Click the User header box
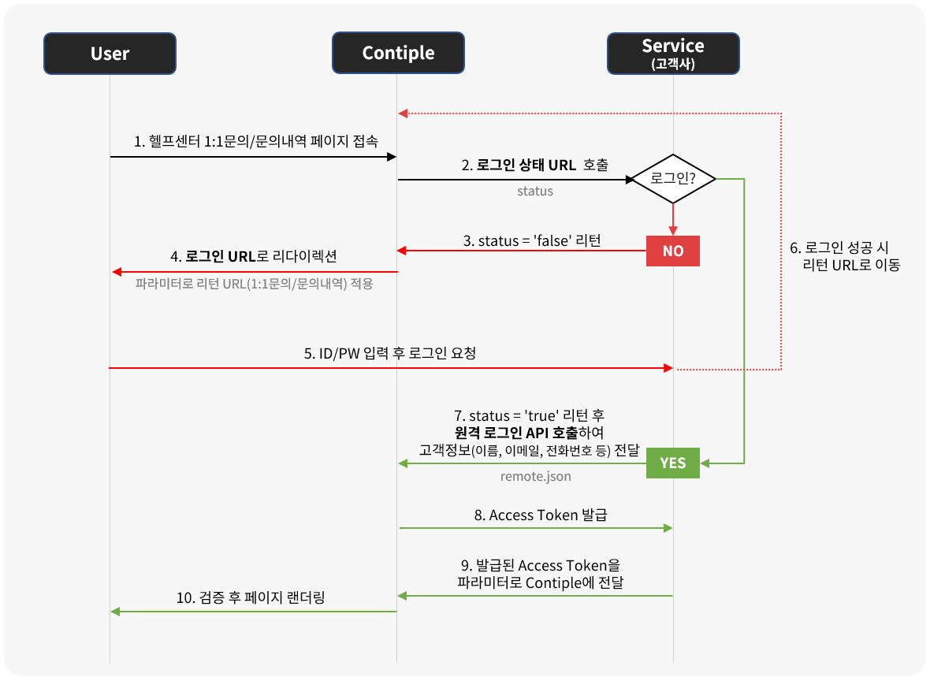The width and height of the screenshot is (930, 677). tap(110, 54)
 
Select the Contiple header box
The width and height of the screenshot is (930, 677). tap(398, 54)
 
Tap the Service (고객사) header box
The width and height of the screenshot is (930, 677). tap(673, 54)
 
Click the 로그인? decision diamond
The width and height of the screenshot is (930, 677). tap(672, 180)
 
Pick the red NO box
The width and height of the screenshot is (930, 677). tap(672, 251)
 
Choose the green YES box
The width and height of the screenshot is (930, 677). tap(672, 463)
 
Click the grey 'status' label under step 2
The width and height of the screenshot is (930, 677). tap(535, 192)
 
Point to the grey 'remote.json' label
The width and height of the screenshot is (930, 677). tap(535, 476)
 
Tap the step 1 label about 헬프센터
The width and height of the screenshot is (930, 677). tap(255, 142)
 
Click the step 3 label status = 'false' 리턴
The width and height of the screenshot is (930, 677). tap(531, 240)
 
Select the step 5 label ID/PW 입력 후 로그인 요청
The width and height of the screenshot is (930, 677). tap(390, 354)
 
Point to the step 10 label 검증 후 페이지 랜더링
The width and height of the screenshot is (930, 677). tap(251, 598)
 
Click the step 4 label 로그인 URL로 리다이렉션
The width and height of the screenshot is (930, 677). tap(254, 257)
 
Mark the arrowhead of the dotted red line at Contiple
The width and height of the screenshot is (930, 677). tap(402, 113)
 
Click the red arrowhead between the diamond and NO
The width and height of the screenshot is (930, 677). tap(672, 230)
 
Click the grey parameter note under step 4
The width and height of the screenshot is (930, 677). tap(254, 285)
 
